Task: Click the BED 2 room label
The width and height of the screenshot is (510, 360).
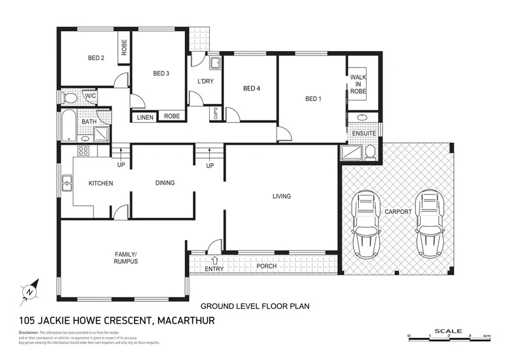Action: (96, 58)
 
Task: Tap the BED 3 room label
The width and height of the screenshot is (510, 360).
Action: (161, 73)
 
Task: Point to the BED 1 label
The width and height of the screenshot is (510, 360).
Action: (313, 98)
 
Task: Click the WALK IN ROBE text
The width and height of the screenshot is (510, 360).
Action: (358, 84)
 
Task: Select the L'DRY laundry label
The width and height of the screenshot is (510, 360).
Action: (205, 81)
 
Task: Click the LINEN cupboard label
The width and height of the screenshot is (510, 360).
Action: (145, 116)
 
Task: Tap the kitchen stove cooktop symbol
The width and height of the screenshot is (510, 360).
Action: (82, 151)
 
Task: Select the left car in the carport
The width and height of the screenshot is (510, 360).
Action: (366, 224)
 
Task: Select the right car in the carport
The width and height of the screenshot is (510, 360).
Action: (428, 224)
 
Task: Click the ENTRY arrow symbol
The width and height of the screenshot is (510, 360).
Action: (215, 259)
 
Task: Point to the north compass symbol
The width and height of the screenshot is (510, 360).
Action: (30, 290)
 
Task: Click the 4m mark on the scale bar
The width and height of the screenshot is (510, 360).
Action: (486, 336)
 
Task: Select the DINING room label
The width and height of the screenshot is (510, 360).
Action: (164, 183)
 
